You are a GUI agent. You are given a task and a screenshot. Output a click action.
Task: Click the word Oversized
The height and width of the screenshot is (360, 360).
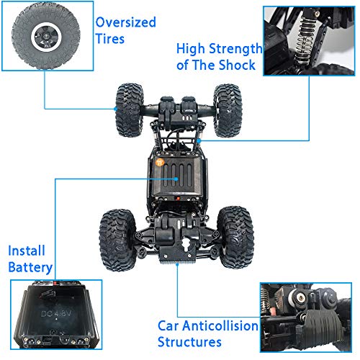coord(125,22)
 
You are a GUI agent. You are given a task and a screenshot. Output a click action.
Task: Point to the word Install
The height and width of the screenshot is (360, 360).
coord(27,251)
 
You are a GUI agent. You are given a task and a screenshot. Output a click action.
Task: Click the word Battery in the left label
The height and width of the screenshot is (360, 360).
coord(30,269)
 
